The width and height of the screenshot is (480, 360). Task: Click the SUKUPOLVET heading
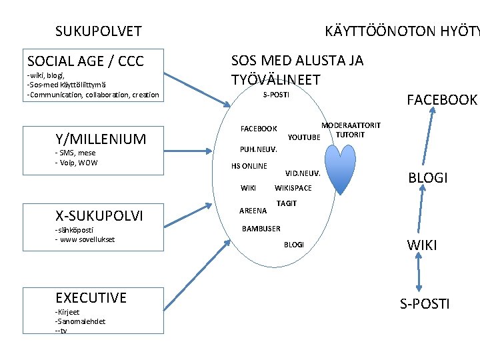(98, 31)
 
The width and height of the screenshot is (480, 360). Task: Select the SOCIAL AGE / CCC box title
(85, 61)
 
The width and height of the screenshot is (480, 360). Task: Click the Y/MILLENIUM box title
(101, 139)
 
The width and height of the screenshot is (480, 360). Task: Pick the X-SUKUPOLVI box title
(99, 215)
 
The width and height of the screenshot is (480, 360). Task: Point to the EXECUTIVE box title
(91, 297)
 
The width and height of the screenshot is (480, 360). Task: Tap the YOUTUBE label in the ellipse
(304, 138)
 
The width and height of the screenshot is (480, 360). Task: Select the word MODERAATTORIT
(351, 125)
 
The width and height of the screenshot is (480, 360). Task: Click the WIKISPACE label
(293, 188)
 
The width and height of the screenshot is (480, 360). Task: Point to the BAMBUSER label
(261, 229)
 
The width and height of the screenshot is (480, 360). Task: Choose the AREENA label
(253, 211)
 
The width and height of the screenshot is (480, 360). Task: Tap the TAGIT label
(286, 203)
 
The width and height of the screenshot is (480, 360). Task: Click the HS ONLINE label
(249, 166)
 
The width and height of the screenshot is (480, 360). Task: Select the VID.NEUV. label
(303, 173)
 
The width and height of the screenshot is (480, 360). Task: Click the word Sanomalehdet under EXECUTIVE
(81, 321)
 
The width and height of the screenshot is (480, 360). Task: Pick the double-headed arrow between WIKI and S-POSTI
(419, 273)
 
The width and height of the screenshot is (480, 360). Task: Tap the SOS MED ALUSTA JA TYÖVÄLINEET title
(297, 70)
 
